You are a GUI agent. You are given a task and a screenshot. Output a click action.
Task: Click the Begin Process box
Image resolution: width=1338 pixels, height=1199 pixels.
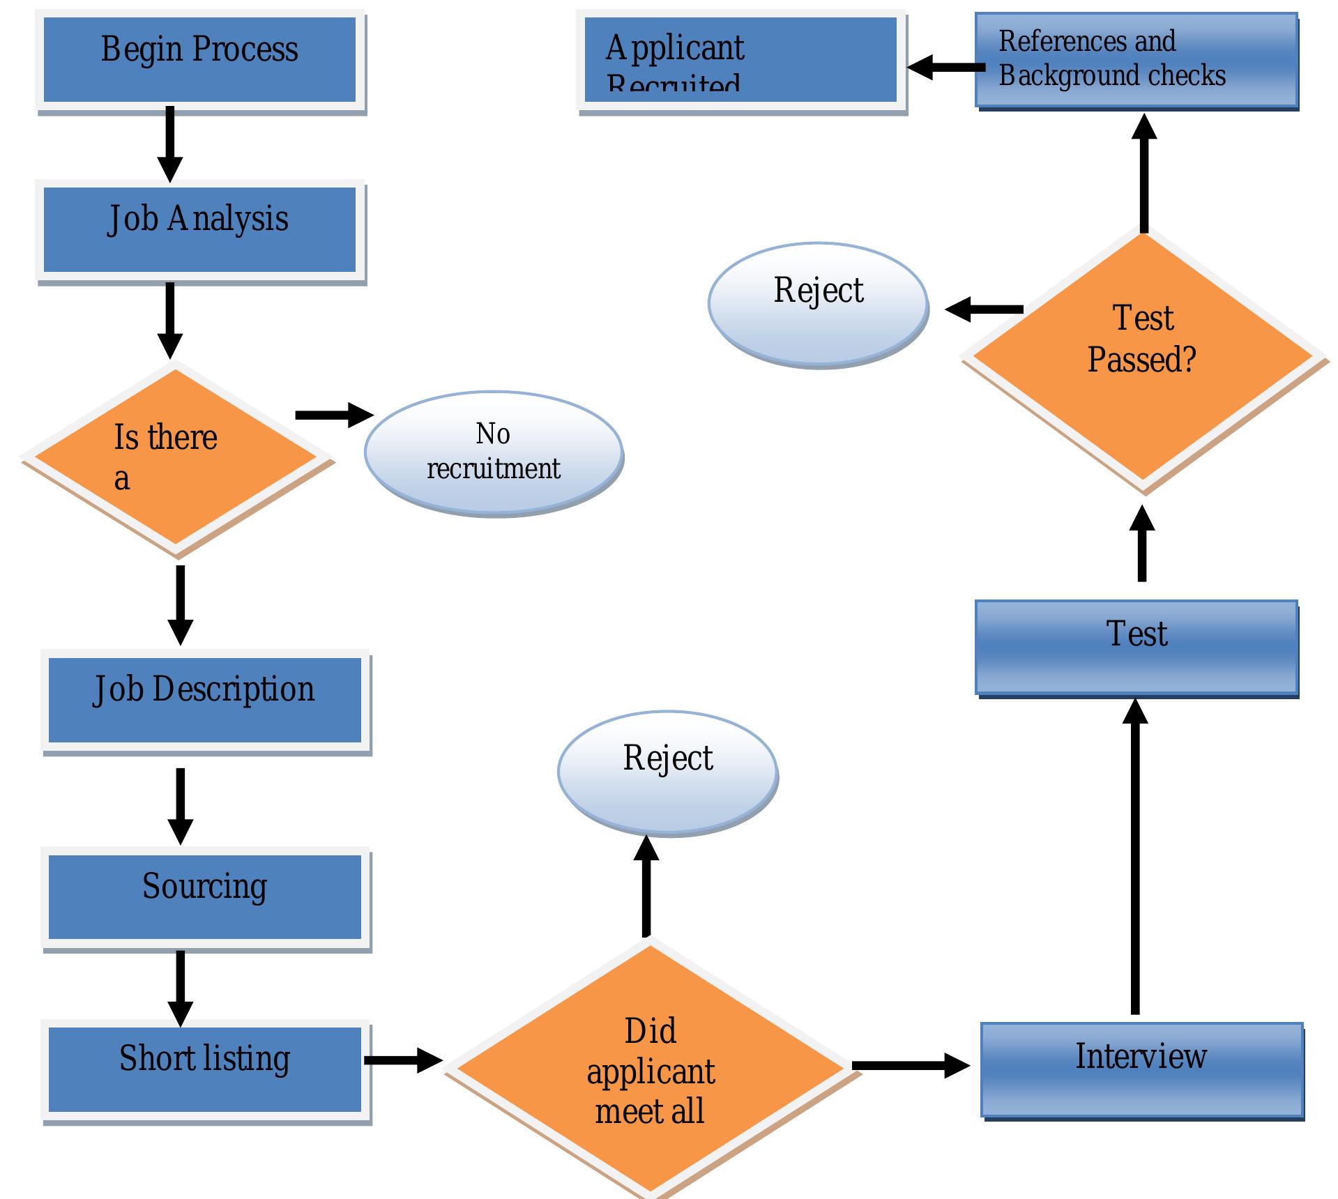(200, 61)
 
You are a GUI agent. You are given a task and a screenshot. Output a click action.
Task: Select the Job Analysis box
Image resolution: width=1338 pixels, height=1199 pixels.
(200, 231)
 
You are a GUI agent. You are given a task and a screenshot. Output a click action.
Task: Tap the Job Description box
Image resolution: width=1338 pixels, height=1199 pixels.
(205, 701)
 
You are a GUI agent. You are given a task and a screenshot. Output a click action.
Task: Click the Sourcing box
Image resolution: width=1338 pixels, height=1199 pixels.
(205, 898)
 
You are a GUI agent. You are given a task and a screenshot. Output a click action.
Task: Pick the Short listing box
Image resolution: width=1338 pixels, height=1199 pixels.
(205, 1069)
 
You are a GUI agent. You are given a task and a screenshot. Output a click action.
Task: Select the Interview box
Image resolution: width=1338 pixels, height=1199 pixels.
(1141, 1069)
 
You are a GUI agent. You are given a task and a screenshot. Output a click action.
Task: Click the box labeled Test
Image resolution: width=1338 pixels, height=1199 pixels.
(1136, 647)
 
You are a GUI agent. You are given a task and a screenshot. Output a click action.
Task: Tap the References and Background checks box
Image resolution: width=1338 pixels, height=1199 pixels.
(1136, 60)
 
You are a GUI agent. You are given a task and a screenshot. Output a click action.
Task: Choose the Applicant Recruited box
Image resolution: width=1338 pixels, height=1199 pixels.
(740, 61)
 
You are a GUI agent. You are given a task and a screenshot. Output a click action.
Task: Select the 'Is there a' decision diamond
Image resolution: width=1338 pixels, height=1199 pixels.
(176, 457)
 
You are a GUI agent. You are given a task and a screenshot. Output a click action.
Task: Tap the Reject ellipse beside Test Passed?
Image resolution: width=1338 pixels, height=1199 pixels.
(818, 304)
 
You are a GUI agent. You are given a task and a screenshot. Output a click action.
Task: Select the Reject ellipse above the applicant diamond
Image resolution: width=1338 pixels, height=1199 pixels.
(667, 772)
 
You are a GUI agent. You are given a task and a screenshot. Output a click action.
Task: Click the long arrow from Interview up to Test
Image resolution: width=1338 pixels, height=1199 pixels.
(1135, 857)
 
